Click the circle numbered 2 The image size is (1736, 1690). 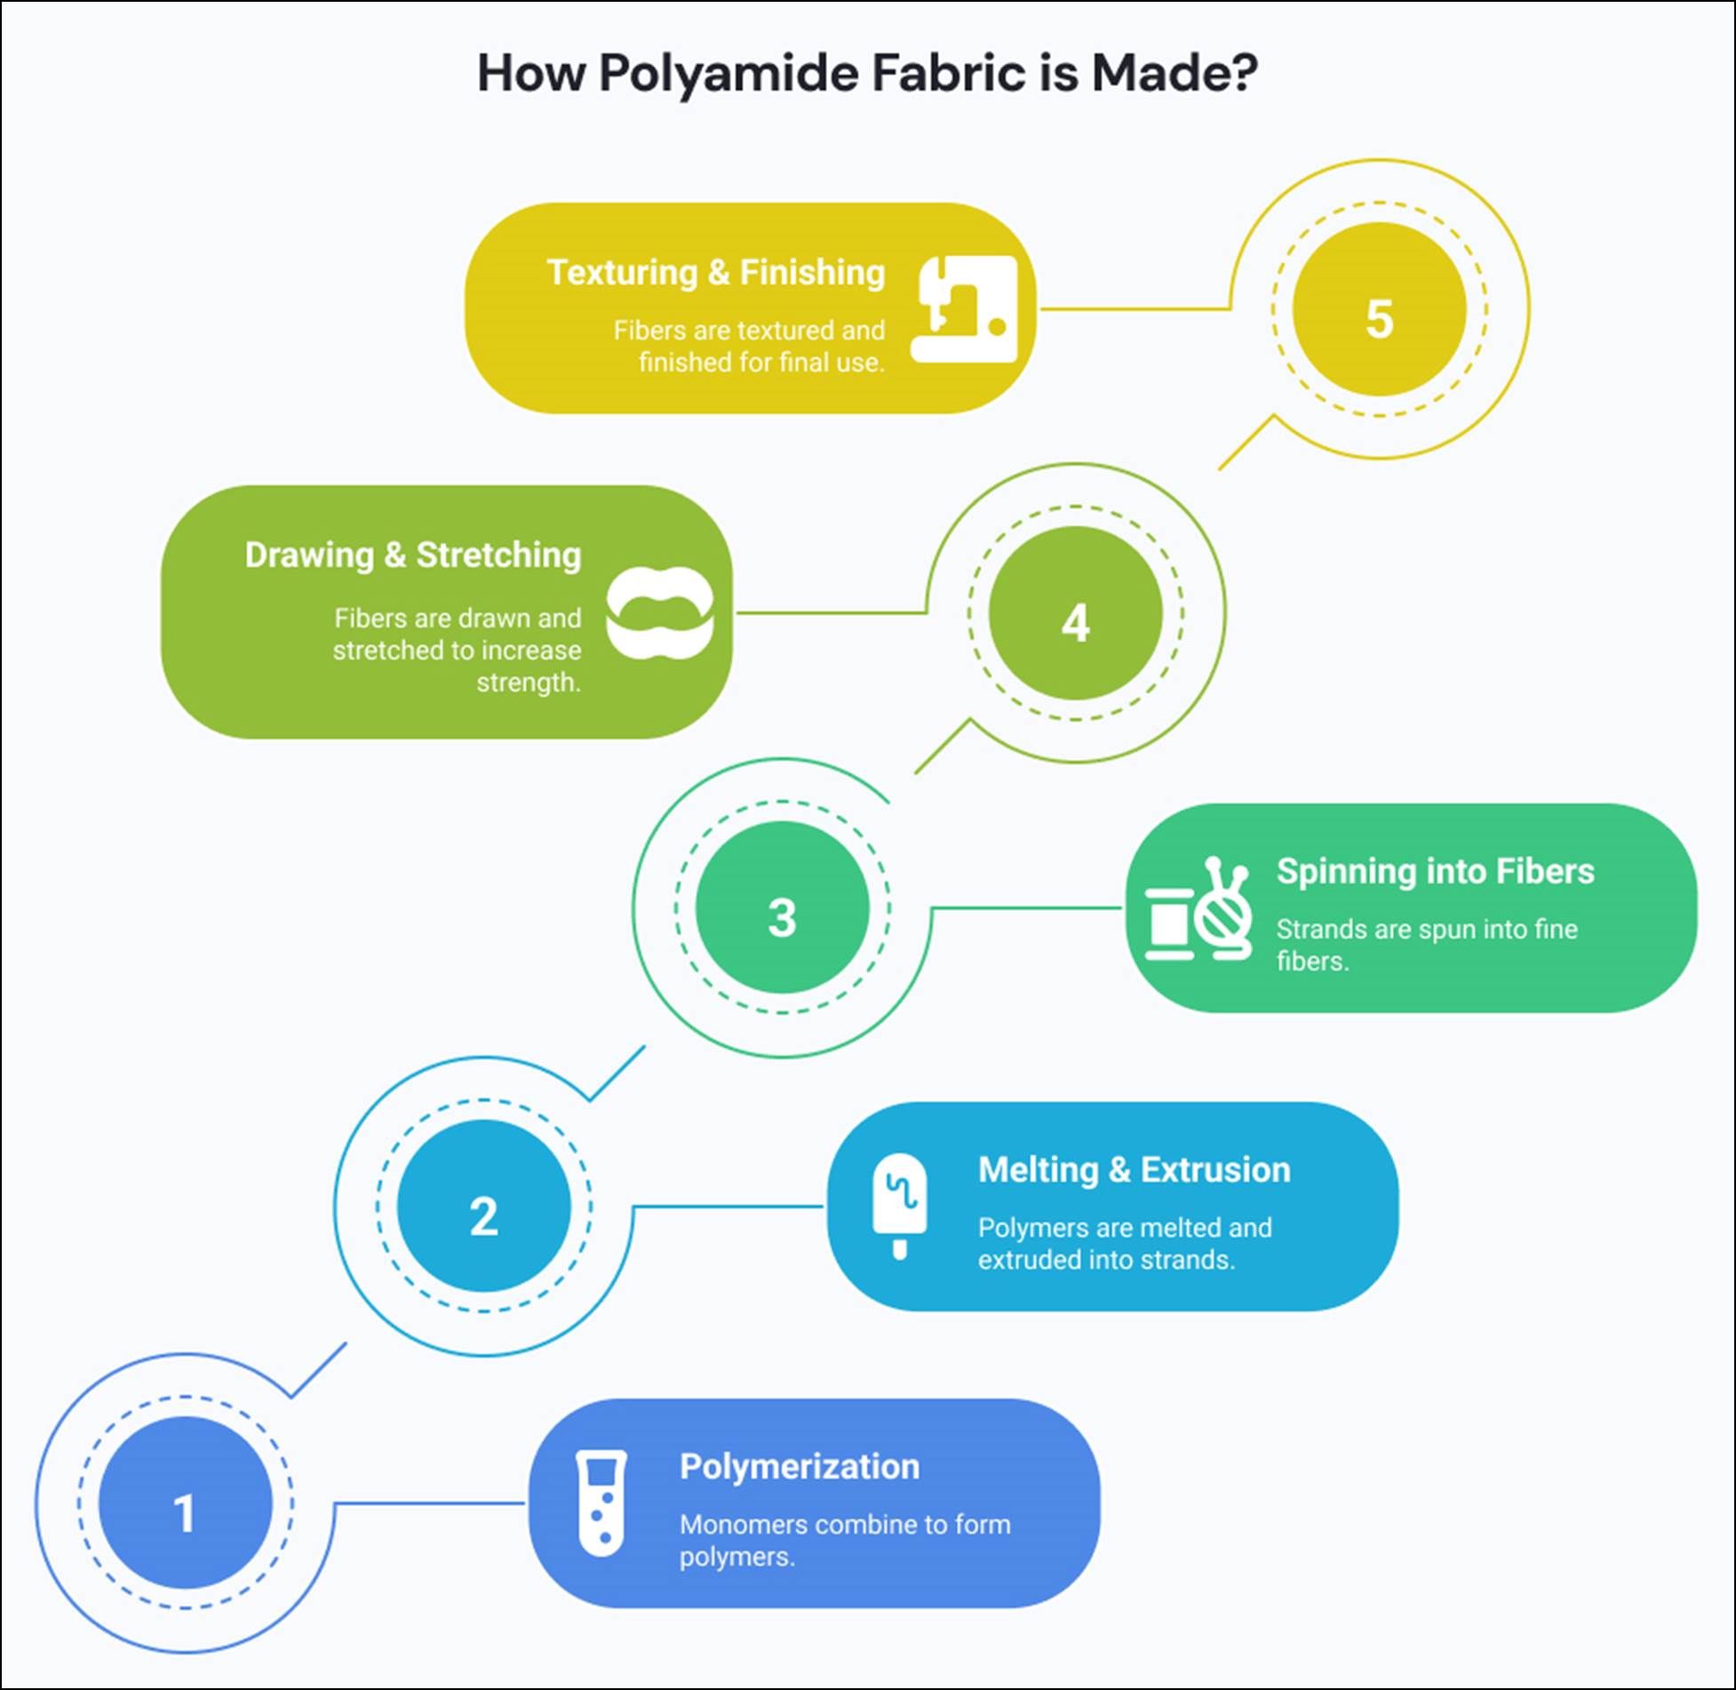(483, 1207)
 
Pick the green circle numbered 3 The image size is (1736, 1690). (782, 908)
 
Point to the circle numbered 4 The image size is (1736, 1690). (1075, 613)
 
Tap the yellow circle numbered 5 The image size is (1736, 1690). (1379, 309)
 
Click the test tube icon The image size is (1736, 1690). (601, 1503)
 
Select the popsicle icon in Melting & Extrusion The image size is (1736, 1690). (899, 1205)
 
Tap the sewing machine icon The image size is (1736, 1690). (965, 309)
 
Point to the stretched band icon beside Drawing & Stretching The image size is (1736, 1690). (659, 613)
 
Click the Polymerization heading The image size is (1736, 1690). (799, 1466)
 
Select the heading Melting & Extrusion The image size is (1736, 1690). (1134, 1169)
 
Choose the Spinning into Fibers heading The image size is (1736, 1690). (1435, 871)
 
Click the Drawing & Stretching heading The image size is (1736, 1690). (413, 554)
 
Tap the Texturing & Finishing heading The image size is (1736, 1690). (715, 272)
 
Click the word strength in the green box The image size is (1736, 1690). (528, 682)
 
